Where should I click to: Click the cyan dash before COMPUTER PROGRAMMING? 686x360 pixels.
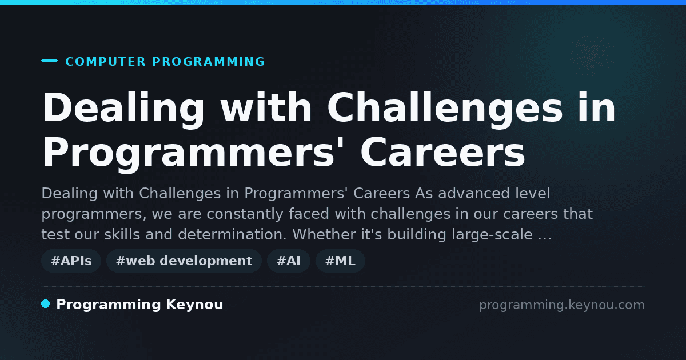point(49,61)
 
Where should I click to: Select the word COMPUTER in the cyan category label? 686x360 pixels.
point(105,62)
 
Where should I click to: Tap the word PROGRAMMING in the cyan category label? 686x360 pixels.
point(208,62)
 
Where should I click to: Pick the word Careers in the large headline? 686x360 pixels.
point(442,152)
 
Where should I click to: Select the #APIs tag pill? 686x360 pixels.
point(71,261)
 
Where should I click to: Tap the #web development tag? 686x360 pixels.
point(184,261)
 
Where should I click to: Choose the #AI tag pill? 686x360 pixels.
point(289,261)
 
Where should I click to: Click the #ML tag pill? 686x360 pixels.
point(340,261)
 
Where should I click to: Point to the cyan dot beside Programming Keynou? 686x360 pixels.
point(46,304)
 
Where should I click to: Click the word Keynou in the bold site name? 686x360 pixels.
point(194,305)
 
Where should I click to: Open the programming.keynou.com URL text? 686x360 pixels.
point(562,305)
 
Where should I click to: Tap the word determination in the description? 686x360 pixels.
point(232,234)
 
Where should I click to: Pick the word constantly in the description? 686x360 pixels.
point(245,214)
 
